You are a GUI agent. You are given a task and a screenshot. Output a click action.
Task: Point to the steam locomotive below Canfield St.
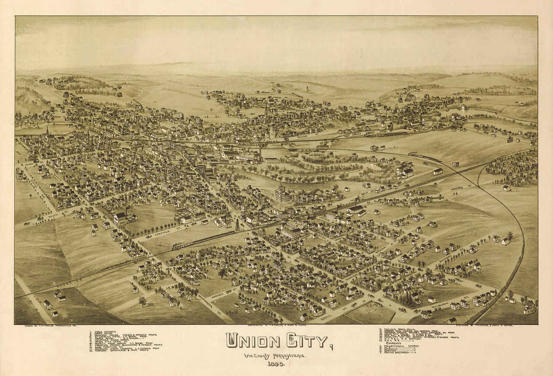tap(178, 246)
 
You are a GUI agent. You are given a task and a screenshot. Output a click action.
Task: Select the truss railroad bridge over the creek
tap(322, 148)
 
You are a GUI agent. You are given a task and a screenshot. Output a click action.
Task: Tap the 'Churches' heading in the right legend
tap(393, 343)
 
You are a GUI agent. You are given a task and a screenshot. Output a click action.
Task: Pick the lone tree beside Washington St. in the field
tap(142, 300)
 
